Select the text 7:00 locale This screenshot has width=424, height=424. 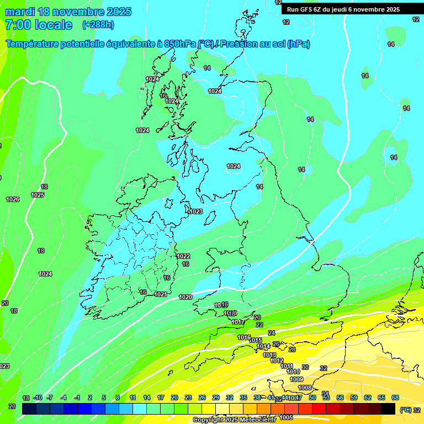(39, 25)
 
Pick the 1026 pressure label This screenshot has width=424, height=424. (13, 199)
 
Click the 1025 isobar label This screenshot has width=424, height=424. (38, 195)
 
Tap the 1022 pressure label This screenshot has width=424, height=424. (184, 256)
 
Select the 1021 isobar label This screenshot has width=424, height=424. (161, 295)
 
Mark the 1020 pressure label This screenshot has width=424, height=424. (185, 298)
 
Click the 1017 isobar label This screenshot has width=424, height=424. (238, 322)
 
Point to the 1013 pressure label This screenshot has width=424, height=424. (269, 355)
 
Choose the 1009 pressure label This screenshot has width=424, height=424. (296, 379)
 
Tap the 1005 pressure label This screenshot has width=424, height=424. (286, 418)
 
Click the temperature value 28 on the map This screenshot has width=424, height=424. (292, 349)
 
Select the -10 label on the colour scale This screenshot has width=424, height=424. (38, 398)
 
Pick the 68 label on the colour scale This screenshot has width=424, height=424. (395, 398)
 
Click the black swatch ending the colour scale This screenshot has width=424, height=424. (388, 409)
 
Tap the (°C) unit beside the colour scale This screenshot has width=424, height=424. (405, 410)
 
